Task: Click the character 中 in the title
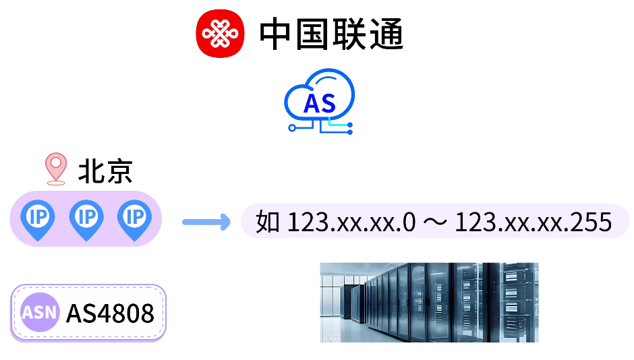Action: point(278,34)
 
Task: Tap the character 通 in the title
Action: point(386,34)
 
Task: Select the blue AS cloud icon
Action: point(320,101)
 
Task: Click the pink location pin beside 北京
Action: point(55,169)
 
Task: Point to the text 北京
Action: point(105,171)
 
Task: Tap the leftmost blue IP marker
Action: point(38,219)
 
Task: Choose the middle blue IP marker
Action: point(86,219)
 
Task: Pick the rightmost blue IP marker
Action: point(135,219)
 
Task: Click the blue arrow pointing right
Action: point(206,221)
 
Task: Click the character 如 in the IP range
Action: point(268,221)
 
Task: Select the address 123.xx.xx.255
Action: point(533,221)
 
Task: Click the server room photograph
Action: point(429,302)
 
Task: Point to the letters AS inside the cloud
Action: point(320,103)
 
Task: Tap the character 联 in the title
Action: point(349,34)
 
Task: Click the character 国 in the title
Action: point(314,34)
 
